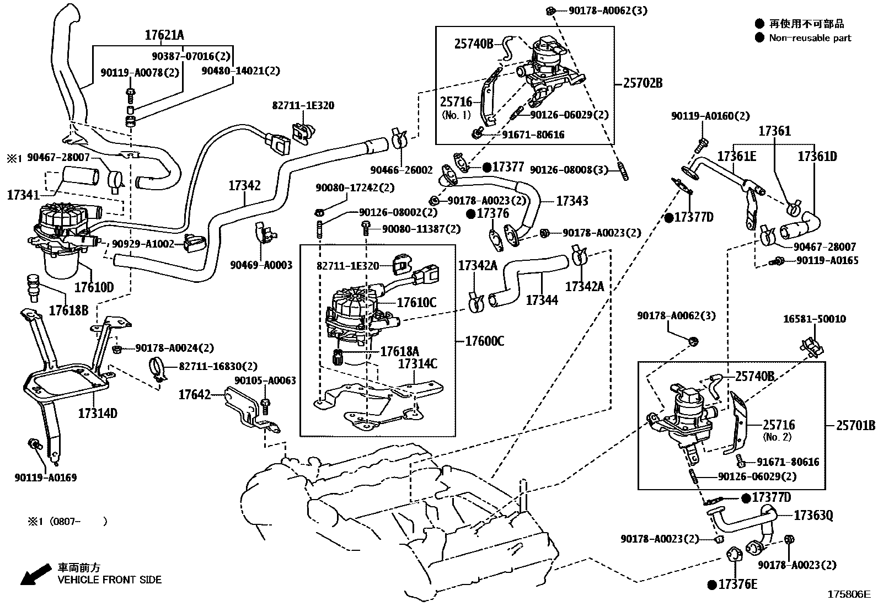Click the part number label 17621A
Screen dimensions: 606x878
(164, 35)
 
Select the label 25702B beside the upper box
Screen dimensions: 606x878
(643, 83)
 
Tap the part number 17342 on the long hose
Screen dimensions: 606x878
(244, 186)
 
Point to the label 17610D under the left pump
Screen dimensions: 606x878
(94, 287)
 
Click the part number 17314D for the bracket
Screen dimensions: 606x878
(98, 413)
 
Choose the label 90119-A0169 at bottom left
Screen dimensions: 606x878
(46, 478)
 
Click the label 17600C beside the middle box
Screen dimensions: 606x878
(484, 341)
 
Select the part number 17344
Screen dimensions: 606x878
(542, 300)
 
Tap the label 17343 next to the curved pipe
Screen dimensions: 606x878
(572, 201)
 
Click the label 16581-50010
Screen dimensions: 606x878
(814, 319)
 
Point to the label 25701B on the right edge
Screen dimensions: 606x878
(855, 425)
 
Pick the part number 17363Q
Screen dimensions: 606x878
(813, 516)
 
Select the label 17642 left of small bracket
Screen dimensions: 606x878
(194, 395)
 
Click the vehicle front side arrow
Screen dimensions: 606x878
(33, 575)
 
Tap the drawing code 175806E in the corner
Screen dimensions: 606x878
(848, 594)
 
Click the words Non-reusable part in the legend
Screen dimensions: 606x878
(810, 38)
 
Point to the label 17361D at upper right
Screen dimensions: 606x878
(817, 157)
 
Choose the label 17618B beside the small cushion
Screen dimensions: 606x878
(68, 310)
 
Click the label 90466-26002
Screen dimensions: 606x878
(401, 170)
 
